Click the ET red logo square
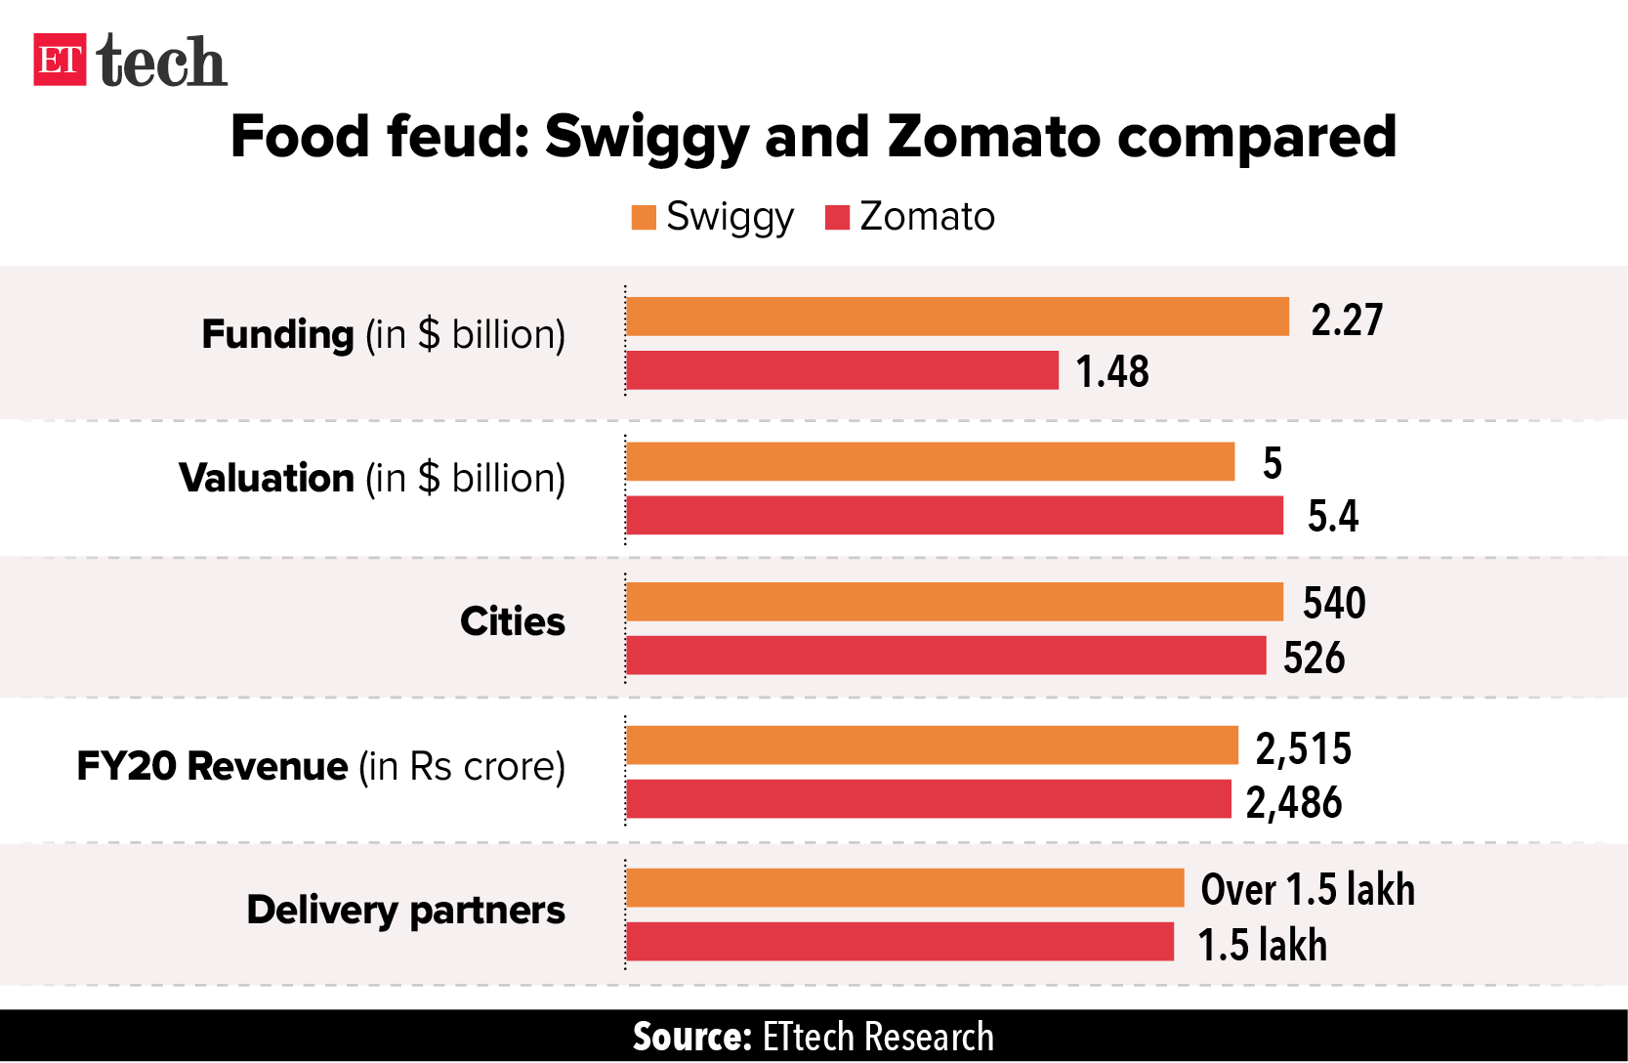60,60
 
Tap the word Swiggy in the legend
730,217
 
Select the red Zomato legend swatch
837,217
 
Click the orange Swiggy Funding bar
957,317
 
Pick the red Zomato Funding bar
842,370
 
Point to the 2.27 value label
1347,320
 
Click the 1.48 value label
1112,372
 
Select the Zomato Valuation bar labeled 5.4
954,515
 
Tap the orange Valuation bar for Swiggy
930,461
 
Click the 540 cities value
1334,603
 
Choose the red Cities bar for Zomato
945,656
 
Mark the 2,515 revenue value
1303,749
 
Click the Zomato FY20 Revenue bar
928,799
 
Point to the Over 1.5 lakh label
1307,890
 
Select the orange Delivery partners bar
904,888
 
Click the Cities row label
513,622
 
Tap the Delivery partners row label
405,911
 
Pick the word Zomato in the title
995,136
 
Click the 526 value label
1314,659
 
